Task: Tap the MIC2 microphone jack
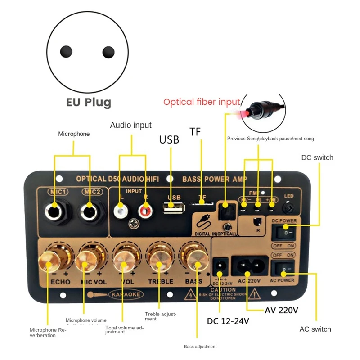click(x=88, y=210)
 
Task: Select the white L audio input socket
click(x=120, y=210)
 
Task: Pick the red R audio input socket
click(x=145, y=210)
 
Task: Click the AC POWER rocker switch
click(x=284, y=270)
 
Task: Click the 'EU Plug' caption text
click(x=88, y=102)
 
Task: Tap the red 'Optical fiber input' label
click(x=202, y=102)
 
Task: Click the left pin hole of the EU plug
click(x=67, y=51)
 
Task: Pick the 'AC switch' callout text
click(x=315, y=329)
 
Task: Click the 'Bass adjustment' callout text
click(x=200, y=346)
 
